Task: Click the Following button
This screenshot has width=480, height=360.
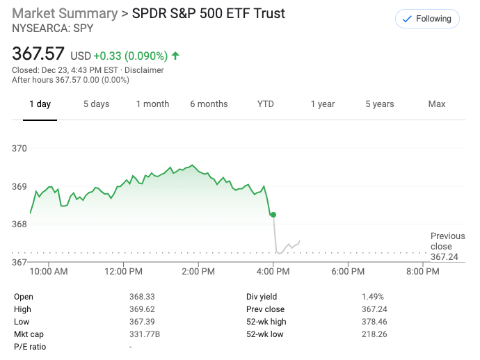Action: click(426, 19)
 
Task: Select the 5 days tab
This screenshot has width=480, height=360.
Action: click(96, 104)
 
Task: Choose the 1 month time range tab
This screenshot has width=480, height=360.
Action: click(152, 104)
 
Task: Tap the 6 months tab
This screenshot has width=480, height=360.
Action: click(209, 104)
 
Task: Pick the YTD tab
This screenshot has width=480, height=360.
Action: click(266, 104)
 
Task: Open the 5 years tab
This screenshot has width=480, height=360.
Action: click(380, 104)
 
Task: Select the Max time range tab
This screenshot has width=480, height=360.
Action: click(437, 104)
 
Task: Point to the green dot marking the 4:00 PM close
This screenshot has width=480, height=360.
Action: click(273, 215)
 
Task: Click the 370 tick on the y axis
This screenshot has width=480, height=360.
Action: click(19, 149)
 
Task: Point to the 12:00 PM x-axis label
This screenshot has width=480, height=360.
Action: click(125, 272)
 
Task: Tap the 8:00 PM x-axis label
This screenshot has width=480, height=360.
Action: click(423, 272)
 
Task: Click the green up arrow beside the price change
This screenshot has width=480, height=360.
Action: click(175, 55)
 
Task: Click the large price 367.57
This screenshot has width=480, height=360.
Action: click(38, 54)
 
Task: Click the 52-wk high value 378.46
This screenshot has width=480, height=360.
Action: click(374, 322)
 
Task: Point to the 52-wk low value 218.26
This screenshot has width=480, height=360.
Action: click(374, 334)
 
